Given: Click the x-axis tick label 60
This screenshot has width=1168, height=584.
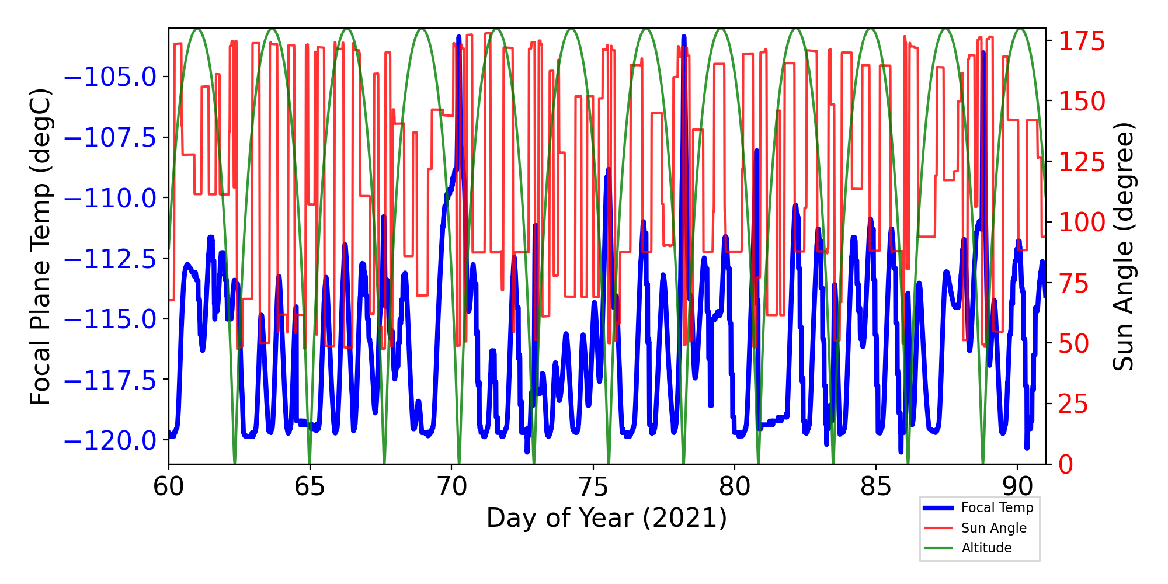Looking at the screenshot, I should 168,486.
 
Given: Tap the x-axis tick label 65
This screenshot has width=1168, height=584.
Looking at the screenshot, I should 310,486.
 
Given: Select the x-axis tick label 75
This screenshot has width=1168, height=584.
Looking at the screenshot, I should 593,486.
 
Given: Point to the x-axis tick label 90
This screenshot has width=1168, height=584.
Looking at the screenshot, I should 1017,486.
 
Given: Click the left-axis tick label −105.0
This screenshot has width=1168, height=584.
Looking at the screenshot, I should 110,77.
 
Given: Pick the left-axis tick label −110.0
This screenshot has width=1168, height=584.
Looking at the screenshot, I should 110,199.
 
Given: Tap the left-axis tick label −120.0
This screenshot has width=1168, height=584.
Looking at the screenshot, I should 110,441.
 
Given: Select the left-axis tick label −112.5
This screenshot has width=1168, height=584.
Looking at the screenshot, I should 110,259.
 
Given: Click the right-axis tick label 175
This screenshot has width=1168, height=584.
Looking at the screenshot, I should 1082,42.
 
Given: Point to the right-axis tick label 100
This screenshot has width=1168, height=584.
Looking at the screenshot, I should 1082,223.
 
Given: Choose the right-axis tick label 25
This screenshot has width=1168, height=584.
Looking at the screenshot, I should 1074,404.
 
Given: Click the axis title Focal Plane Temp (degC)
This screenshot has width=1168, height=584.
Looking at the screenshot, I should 41,246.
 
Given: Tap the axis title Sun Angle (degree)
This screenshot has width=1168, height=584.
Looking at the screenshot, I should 1122,246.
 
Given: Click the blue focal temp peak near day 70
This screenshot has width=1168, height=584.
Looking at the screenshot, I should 459,38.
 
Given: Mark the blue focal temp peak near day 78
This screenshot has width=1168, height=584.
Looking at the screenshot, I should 684,38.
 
